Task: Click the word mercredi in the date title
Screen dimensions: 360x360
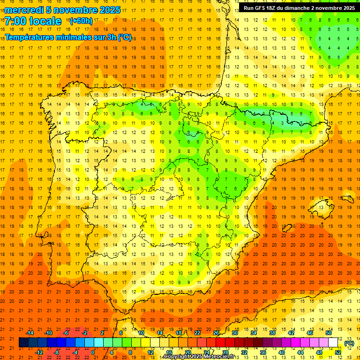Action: coord(25,10)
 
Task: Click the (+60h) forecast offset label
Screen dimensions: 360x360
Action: coord(81,21)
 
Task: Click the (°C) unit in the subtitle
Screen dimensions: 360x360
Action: coord(125,37)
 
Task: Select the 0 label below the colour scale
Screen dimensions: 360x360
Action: coord(93,352)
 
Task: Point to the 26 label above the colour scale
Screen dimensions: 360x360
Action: coord(216,333)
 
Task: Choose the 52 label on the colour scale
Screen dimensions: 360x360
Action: coord(338,352)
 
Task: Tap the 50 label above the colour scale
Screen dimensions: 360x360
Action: coord(329,333)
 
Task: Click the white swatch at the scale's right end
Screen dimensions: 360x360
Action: coord(333,343)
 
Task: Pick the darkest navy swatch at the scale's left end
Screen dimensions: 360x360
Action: coord(23,343)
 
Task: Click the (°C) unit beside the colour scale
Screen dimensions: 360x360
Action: coord(349,343)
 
